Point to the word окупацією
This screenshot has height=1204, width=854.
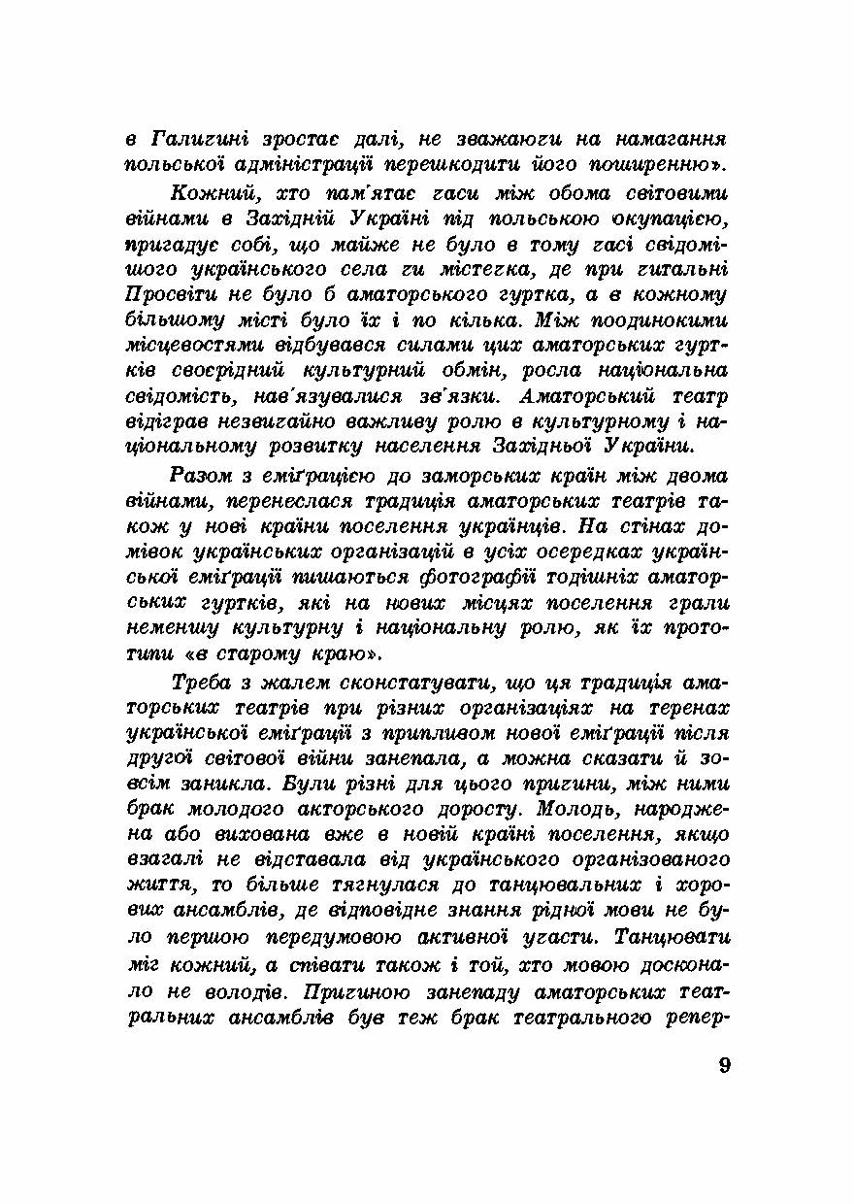pyautogui.click(x=670, y=216)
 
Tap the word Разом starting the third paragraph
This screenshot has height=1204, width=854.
pyautogui.click(x=201, y=476)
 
